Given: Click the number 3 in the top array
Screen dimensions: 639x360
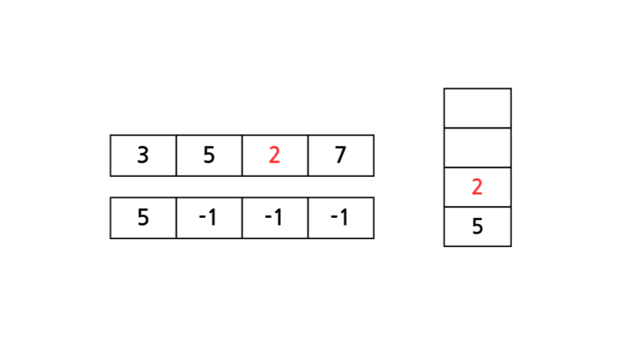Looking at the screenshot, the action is point(143,156).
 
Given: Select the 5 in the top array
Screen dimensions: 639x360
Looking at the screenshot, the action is point(209,156).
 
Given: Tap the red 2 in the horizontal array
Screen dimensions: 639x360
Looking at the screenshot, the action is point(275,156).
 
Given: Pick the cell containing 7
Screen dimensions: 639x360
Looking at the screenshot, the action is point(341,156).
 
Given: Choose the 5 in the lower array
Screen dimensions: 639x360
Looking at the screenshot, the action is point(143,217).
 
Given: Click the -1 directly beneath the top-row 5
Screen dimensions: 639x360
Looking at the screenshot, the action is point(209,217).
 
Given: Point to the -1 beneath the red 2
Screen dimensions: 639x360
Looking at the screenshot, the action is point(275,217).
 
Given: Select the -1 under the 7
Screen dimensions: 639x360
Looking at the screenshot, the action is point(341,217).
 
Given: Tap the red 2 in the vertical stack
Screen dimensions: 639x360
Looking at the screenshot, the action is point(477,187).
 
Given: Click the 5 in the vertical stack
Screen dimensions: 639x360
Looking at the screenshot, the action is point(477,227).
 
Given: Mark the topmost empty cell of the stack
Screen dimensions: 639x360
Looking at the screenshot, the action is point(477,108).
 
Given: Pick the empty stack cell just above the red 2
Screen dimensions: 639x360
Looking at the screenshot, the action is point(477,148).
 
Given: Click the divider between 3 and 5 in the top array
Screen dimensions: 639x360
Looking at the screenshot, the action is point(176,156).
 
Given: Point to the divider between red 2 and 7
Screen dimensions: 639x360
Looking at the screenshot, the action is point(308,156).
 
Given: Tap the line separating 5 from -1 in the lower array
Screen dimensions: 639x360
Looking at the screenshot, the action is point(176,217).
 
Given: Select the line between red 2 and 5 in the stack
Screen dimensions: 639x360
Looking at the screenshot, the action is point(477,207).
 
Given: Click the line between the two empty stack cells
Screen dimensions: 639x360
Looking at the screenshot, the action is point(477,128).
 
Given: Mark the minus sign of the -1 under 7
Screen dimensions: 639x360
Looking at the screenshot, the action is point(334,219).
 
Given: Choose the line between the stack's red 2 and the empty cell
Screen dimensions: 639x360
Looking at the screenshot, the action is point(477,167).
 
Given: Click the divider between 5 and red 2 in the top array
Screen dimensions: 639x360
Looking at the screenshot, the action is point(242,156).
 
